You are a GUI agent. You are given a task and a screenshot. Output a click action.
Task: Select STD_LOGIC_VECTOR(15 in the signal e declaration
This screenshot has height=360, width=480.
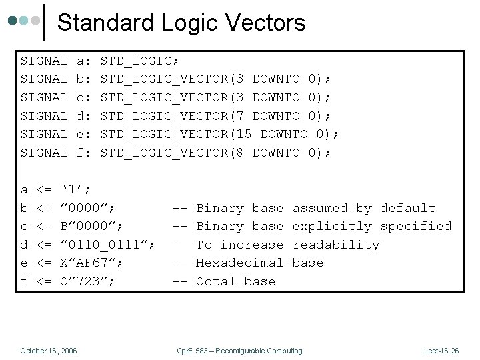(x=175, y=135)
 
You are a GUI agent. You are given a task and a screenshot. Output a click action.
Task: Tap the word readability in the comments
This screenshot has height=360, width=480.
(x=336, y=245)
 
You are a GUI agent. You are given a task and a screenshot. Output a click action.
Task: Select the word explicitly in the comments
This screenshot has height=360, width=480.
(x=332, y=227)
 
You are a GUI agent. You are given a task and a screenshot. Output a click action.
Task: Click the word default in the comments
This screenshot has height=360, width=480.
(x=408, y=209)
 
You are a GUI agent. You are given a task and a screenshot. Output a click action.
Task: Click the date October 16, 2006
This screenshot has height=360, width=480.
(x=49, y=351)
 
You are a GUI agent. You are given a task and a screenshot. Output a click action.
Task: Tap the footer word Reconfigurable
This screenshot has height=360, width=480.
(x=244, y=351)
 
